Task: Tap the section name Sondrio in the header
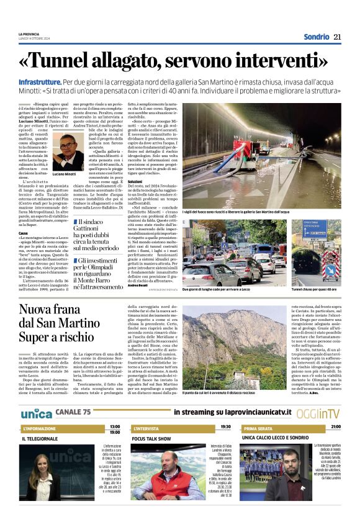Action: click(x=317, y=37)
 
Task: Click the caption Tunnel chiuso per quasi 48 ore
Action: click(x=315, y=290)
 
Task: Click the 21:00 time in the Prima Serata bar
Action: click(x=335, y=428)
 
